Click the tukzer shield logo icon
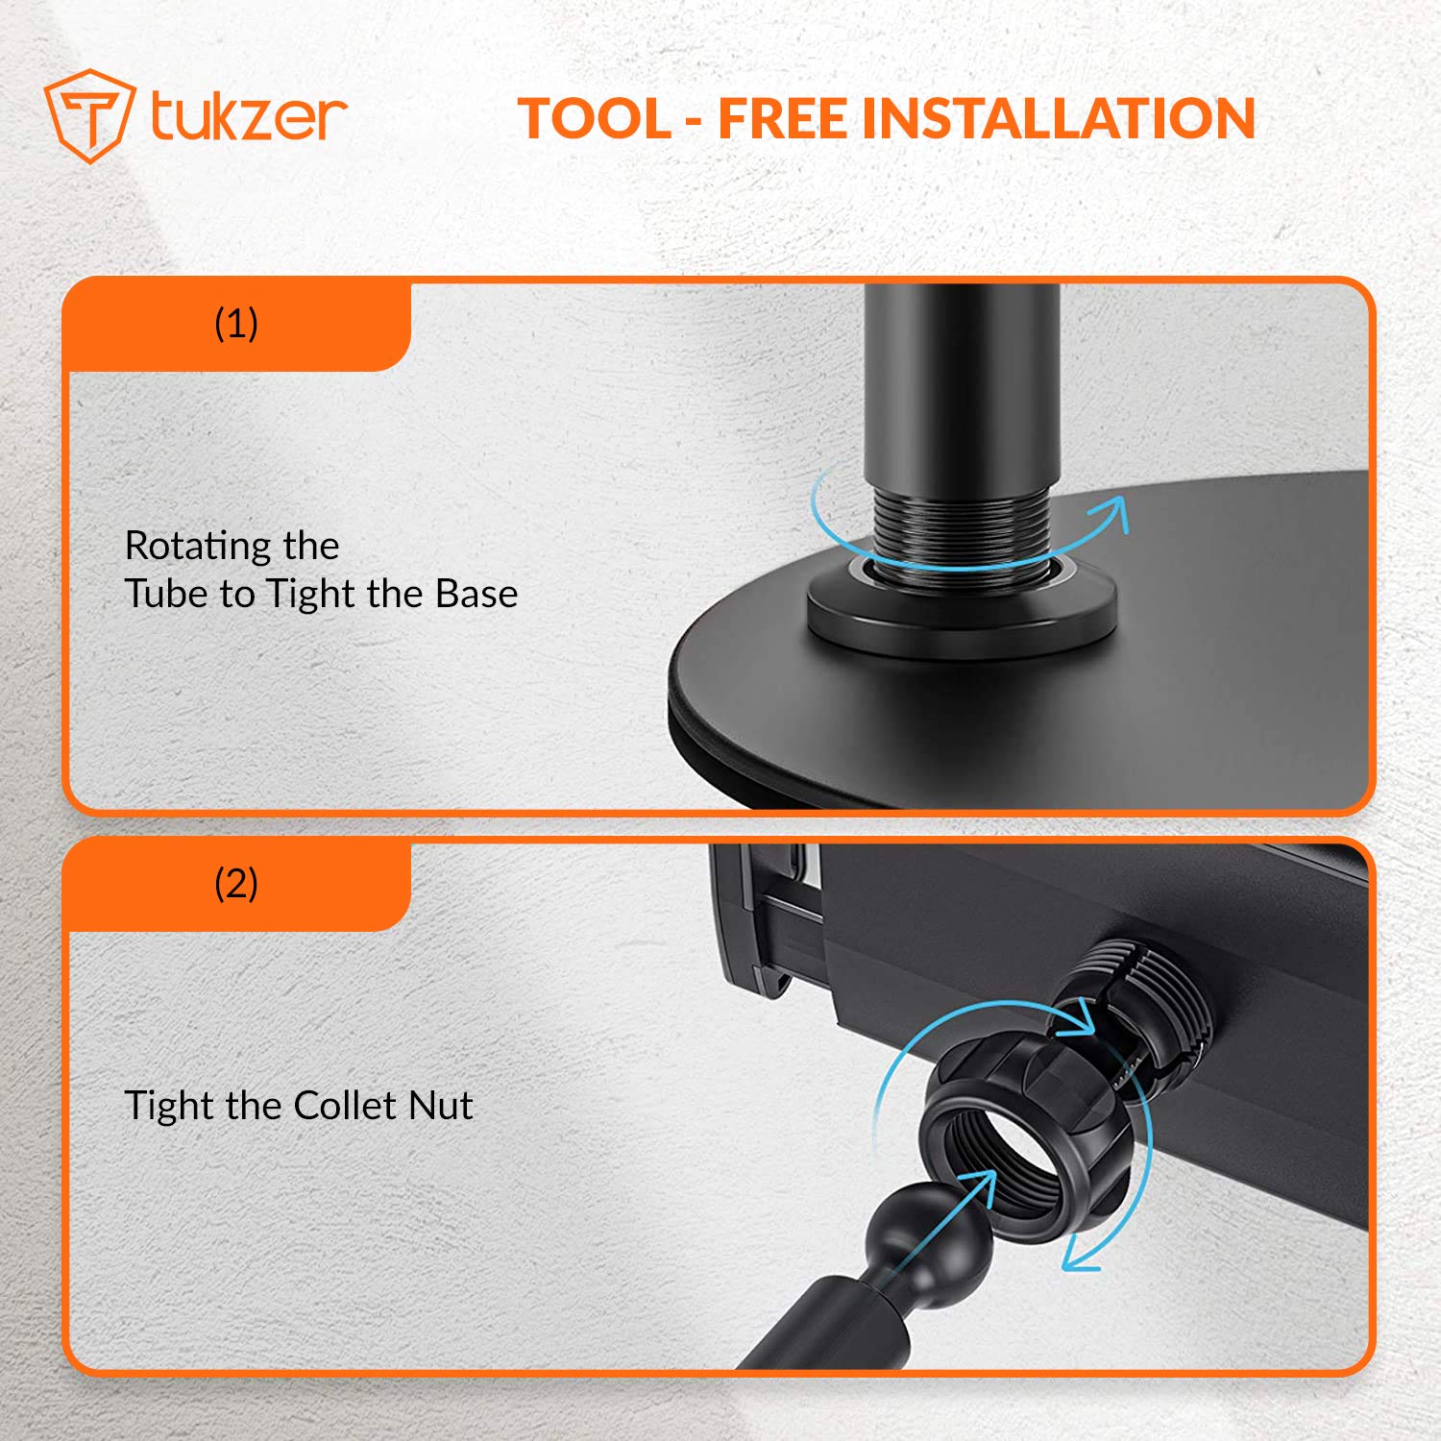[87, 116]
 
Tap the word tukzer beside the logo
[248, 117]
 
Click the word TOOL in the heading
[595, 118]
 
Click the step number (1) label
[236, 324]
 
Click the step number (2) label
[236, 883]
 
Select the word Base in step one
[476, 594]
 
